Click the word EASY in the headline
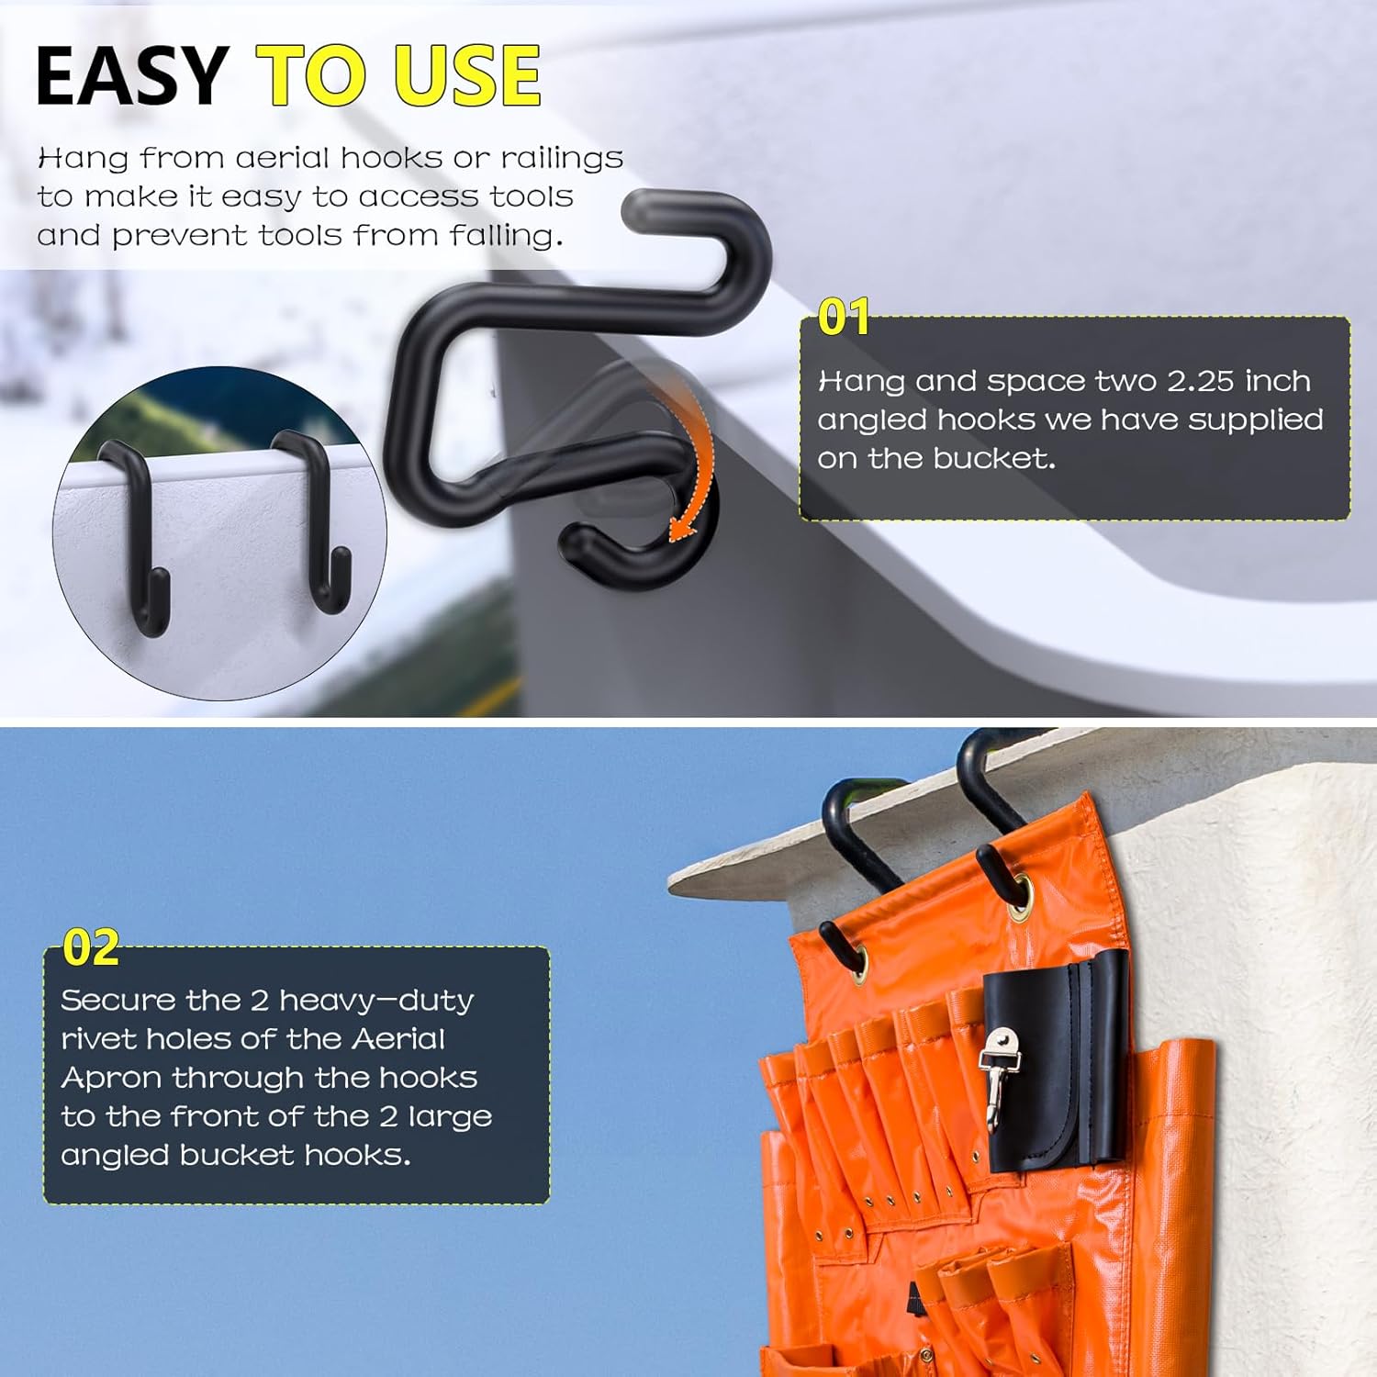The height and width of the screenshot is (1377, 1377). click(131, 75)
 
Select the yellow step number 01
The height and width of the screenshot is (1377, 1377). click(844, 318)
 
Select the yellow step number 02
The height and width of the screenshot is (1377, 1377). click(91, 947)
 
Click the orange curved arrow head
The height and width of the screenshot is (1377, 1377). click(680, 529)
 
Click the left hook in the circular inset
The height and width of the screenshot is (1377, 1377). click(139, 532)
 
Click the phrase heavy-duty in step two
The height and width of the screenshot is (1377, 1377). click(376, 1001)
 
